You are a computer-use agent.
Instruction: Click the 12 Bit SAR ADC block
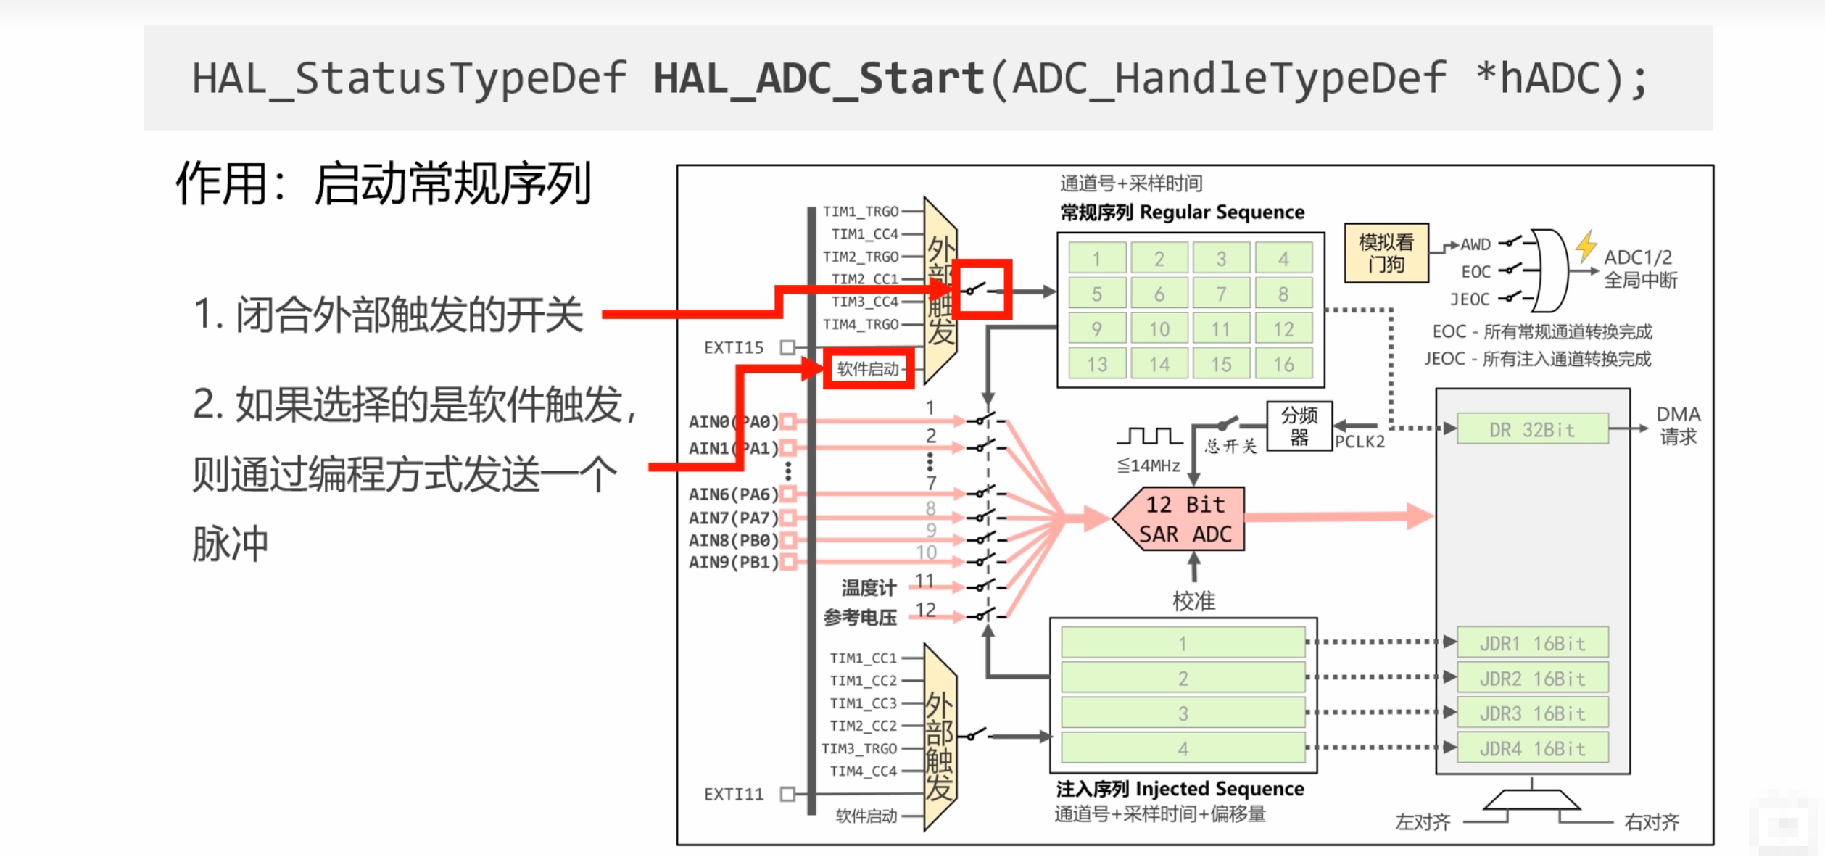tap(1183, 518)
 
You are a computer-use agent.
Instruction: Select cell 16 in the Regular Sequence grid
tap(1283, 364)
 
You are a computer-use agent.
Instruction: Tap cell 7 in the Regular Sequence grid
tap(1221, 294)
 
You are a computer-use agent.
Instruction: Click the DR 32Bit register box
tap(1532, 429)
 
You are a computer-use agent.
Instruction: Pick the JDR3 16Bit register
tap(1532, 713)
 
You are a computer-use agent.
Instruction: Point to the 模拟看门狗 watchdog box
tap(1386, 253)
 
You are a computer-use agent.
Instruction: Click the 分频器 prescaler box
tap(1299, 426)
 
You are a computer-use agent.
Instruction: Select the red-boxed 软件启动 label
tap(868, 369)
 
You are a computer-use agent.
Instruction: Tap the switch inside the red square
tap(981, 290)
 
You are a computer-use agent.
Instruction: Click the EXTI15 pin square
tap(787, 347)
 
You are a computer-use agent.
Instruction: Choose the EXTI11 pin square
tap(787, 794)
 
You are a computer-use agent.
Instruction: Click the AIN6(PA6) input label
tap(733, 494)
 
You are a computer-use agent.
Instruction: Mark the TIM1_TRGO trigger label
tap(861, 212)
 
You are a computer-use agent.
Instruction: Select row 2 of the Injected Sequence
tap(1183, 679)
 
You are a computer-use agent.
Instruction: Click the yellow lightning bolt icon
tap(1586, 246)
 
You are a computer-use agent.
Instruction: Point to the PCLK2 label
tap(1360, 442)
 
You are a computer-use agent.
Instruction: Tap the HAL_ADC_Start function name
tap(819, 78)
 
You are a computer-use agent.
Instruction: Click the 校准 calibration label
tap(1193, 601)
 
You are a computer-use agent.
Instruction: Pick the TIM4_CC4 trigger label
tap(864, 771)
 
